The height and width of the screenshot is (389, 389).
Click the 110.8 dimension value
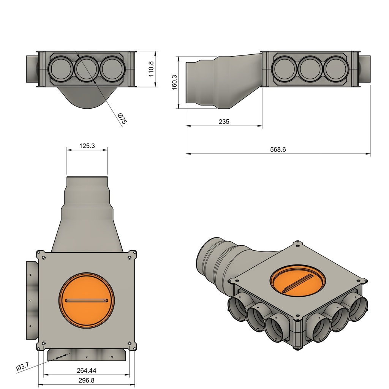pos(151,69)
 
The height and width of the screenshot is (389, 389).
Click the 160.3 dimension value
pos(174,82)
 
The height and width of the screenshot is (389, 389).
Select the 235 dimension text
pos(224,122)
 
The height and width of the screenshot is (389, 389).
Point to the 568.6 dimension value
pos(278,150)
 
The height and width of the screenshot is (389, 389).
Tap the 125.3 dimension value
pos(87,145)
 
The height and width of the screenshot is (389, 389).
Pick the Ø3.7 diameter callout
pos(23,367)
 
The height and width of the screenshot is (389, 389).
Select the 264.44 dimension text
pos(87,370)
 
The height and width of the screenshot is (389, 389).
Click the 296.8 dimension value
pos(87,380)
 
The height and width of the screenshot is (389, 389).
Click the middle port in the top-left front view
pos(87,69)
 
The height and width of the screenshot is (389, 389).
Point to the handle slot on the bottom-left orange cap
pos(87,301)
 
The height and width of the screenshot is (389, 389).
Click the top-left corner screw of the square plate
pos(44,258)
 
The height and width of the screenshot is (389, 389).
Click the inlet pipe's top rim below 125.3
pos(87,177)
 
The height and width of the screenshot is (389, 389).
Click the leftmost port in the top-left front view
pos(60,69)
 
